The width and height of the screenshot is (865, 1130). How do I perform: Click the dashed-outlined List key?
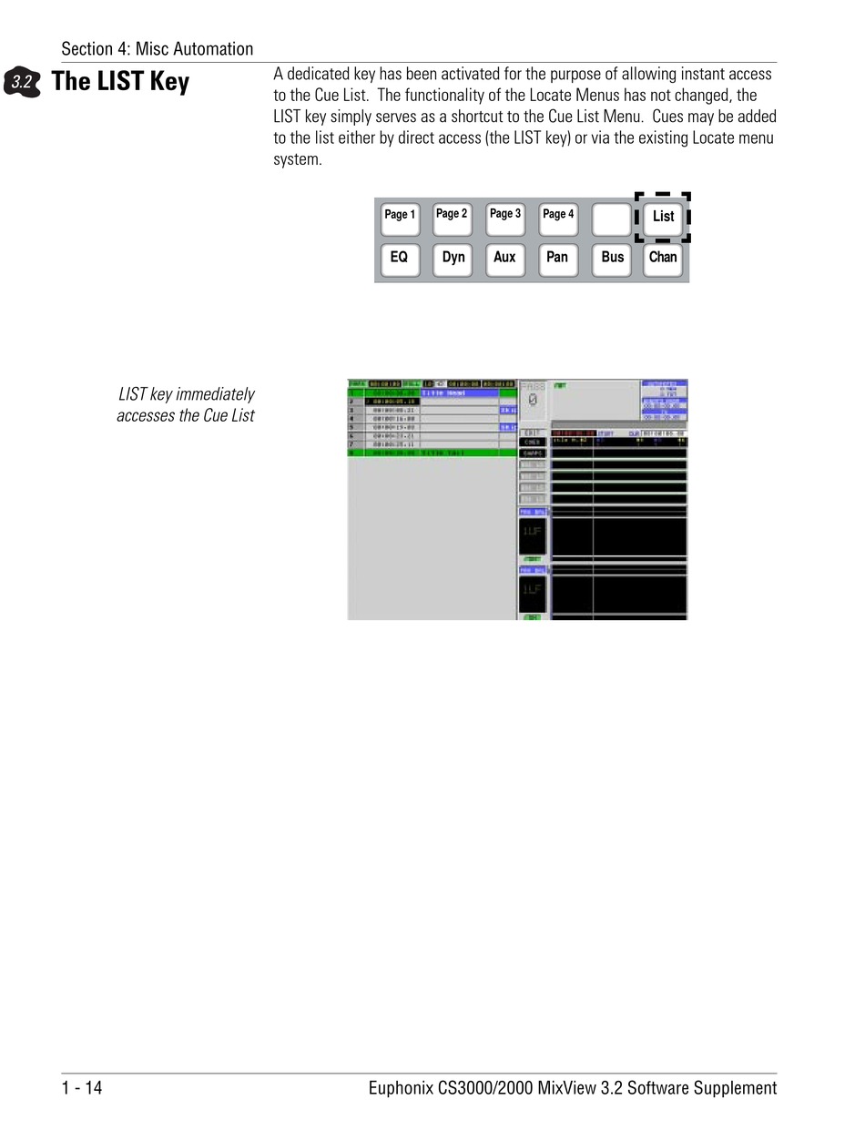click(x=663, y=217)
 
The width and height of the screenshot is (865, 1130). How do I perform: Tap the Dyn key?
click(x=453, y=259)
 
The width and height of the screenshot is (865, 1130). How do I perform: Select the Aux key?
click(x=504, y=259)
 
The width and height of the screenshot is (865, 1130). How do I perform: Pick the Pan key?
click(x=557, y=259)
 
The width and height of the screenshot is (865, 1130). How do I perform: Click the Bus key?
click(x=612, y=259)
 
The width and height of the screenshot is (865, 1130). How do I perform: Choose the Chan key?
click(x=663, y=259)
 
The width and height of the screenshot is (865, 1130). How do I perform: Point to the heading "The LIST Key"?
click(x=120, y=82)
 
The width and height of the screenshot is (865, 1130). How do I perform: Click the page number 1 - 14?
click(x=82, y=1087)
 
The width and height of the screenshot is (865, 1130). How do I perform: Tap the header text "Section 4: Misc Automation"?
click(x=158, y=49)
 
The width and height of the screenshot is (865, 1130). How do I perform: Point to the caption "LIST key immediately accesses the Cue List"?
click(x=186, y=405)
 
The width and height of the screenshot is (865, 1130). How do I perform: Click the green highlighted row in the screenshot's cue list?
click(x=432, y=452)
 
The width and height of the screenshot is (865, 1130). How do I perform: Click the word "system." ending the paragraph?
click(x=298, y=160)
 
